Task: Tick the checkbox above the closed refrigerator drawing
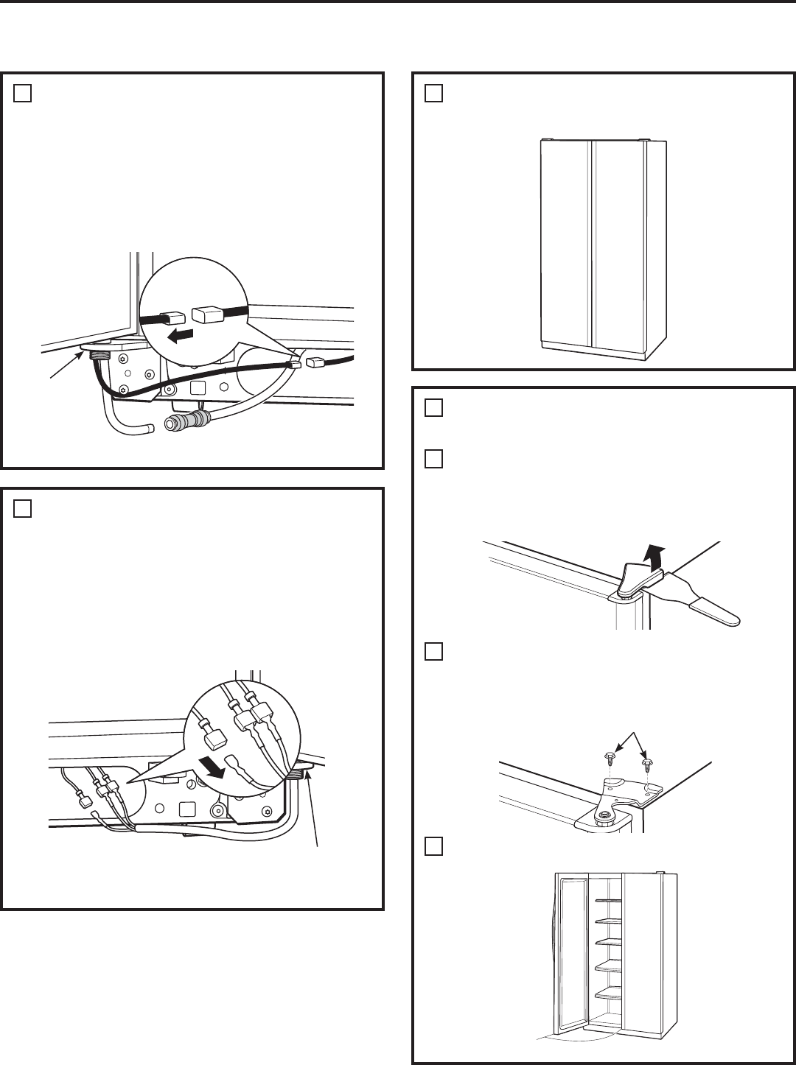point(434,94)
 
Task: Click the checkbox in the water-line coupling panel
point(22,94)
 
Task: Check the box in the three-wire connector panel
point(22,510)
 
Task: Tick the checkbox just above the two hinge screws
point(434,652)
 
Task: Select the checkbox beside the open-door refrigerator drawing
point(434,847)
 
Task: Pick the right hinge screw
point(646,764)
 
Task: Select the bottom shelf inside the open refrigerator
point(606,996)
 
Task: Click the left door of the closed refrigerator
point(565,243)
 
